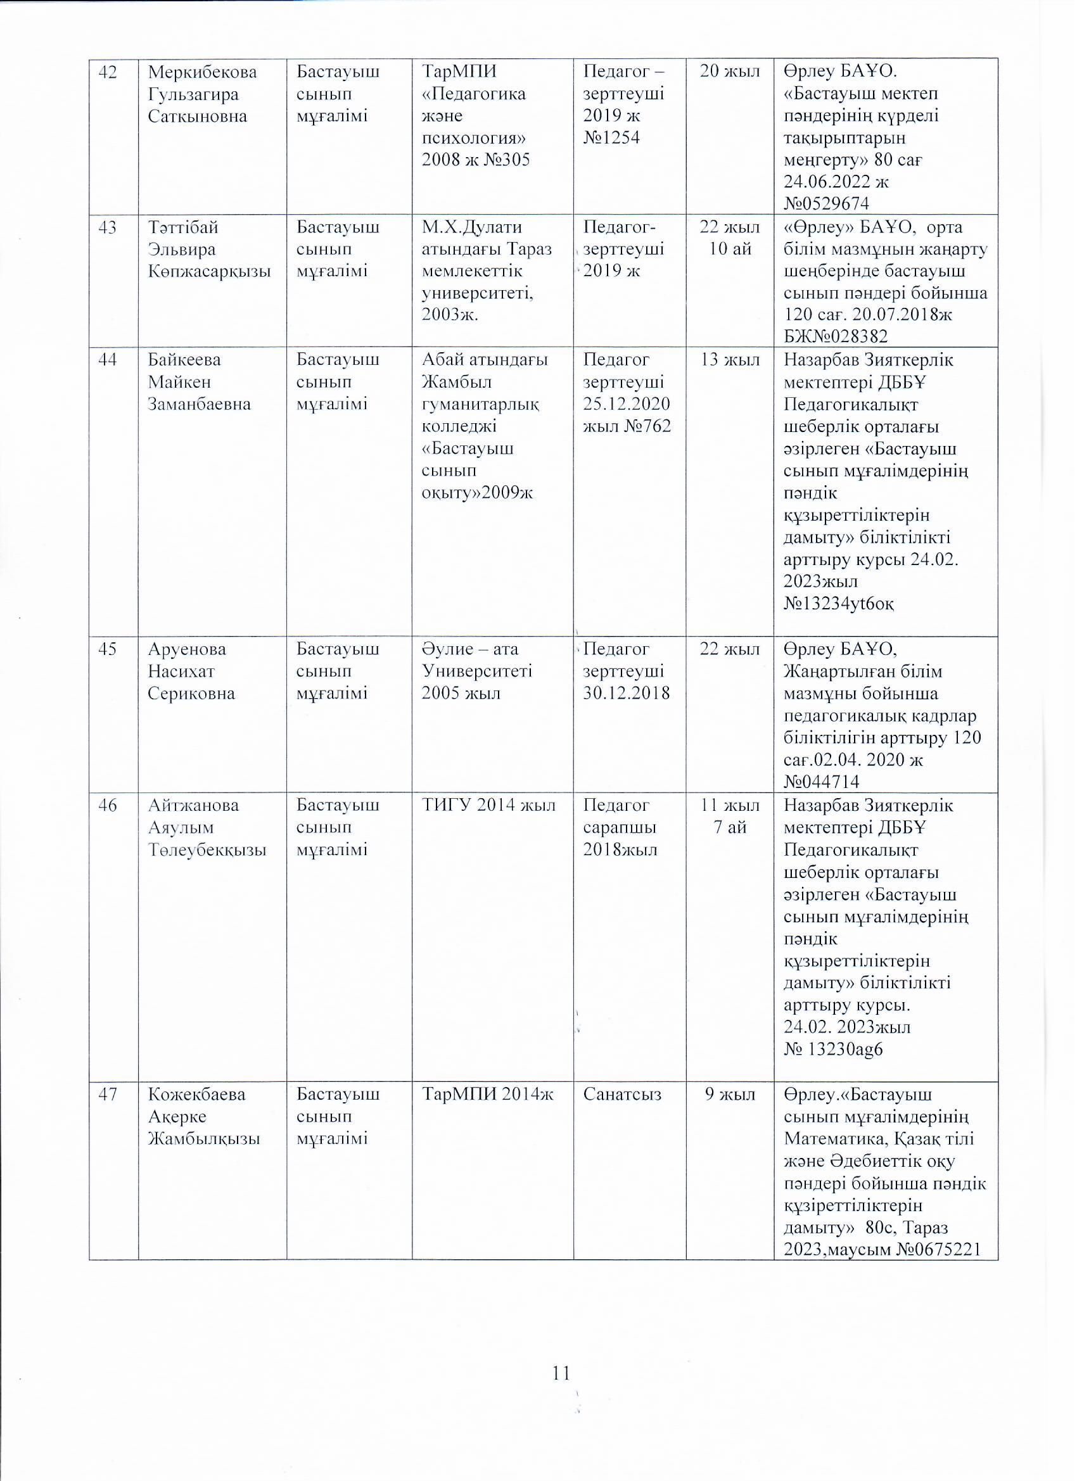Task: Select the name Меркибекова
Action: [x=203, y=72]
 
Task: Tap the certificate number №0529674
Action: [x=826, y=204]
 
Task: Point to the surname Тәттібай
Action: [x=184, y=228]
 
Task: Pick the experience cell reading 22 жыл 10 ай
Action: [x=730, y=238]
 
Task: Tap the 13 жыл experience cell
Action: [x=730, y=360]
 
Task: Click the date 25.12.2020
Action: [x=627, y=404]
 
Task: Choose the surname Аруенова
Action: [x=187, y=649]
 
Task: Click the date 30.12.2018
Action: [x=627, y=694]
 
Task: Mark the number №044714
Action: [x=821, y=782]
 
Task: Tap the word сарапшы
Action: [x=619, y=827]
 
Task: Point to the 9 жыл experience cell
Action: [x=730, y=1095]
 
